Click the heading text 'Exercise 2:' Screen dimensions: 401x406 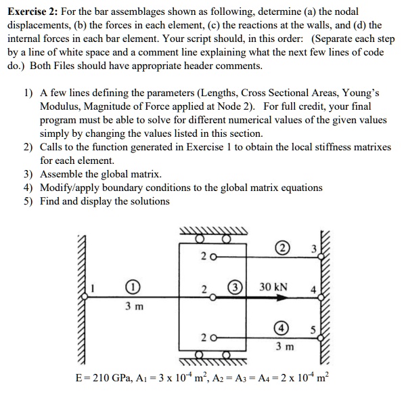click(30, 12)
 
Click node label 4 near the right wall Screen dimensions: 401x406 click(313, 292)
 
